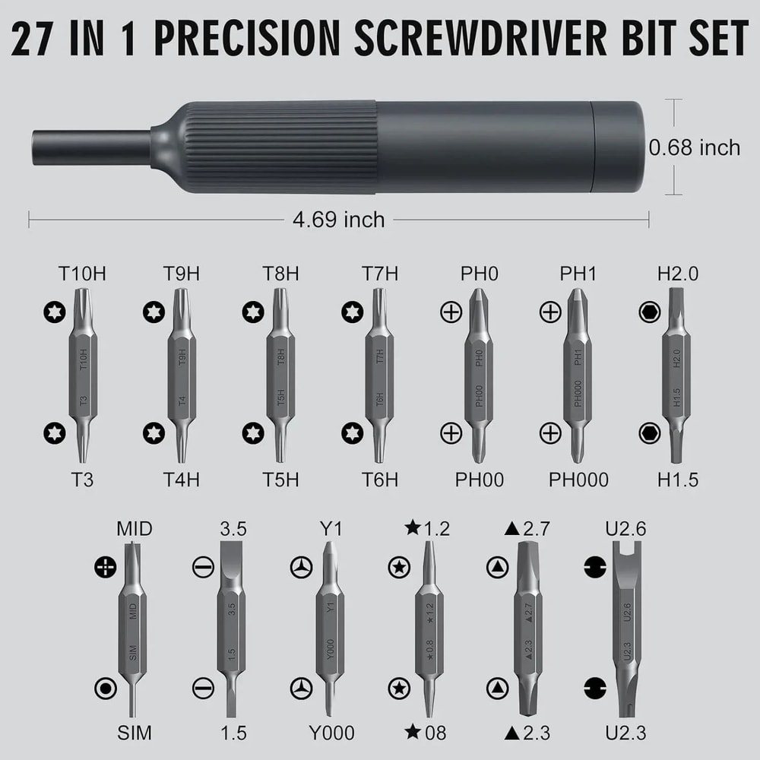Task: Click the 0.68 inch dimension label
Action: coord(694,147)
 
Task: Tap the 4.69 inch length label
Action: coord(339,220)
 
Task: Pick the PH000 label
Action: coord(578,480)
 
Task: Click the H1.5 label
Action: coord(677,480)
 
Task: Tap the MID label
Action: coord(134,528)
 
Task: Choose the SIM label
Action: coord(134,733)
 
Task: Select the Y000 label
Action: coord(331,733)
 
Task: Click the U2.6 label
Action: coord(625,528)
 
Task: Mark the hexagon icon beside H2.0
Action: coord(649,312)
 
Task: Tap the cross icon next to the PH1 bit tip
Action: coord(549,312)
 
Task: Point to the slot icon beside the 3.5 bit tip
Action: coord(202,567)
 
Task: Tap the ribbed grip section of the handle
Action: coord(274,146)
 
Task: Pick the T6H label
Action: coord(379,480)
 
